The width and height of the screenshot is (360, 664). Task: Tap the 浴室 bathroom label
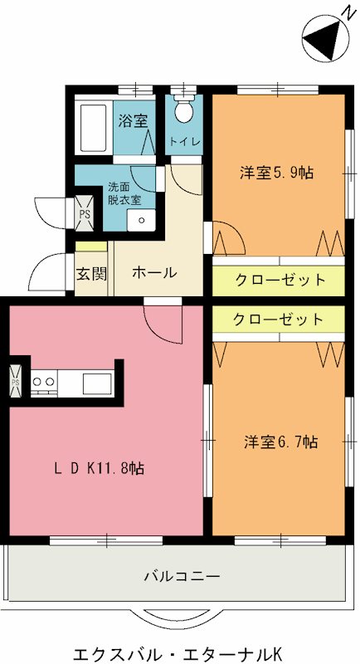pyautogui.click(x=133, y=120)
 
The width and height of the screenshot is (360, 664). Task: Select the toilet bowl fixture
pyautogui.click(x=184, y=111)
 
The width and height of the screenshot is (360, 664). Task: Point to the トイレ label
pyautogui.click(x=184, y=142)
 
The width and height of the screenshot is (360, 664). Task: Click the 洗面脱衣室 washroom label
pyautogui.click(x=124, y=193)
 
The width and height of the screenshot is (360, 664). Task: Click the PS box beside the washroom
pyautogui.click(x=84, y=212)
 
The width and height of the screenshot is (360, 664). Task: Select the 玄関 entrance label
pyautogui.click(x=91, y=273)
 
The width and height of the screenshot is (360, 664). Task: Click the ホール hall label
pyautogui.click(x=153, y=273)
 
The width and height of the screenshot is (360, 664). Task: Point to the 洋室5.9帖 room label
pyautogui.click(x=277, y=173)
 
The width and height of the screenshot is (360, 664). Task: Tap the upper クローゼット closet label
pyautogui.click(x=280, y=280)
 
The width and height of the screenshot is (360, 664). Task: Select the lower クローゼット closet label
pyautogui.click(x=278, y=320)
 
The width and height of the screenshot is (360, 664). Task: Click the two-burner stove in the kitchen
pyautogui.click(x=44, y=381)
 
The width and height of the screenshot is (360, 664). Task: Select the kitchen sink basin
pyautogui.click(x=97, y=382)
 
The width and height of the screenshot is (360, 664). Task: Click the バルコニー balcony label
pyautogui.click(x=181, y=574)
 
